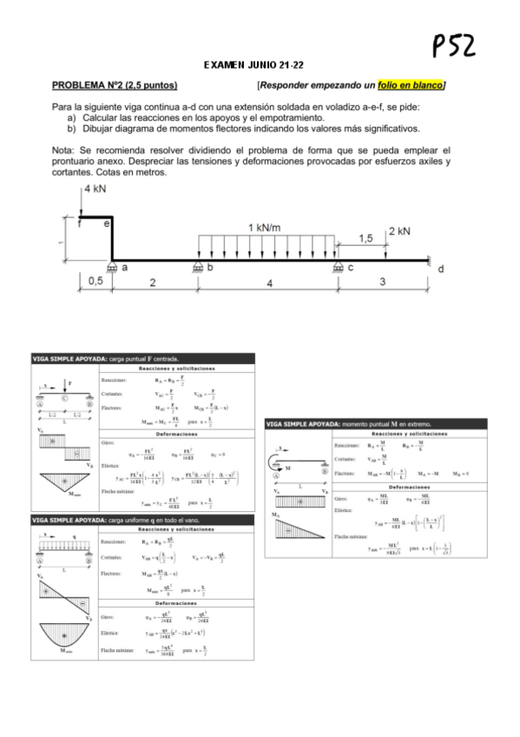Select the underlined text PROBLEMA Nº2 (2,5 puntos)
(115, 85)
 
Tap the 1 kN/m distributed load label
(264, 227)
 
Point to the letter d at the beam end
(440, 270)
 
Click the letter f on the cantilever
(78, 223)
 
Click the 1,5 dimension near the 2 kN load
(365, 237)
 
